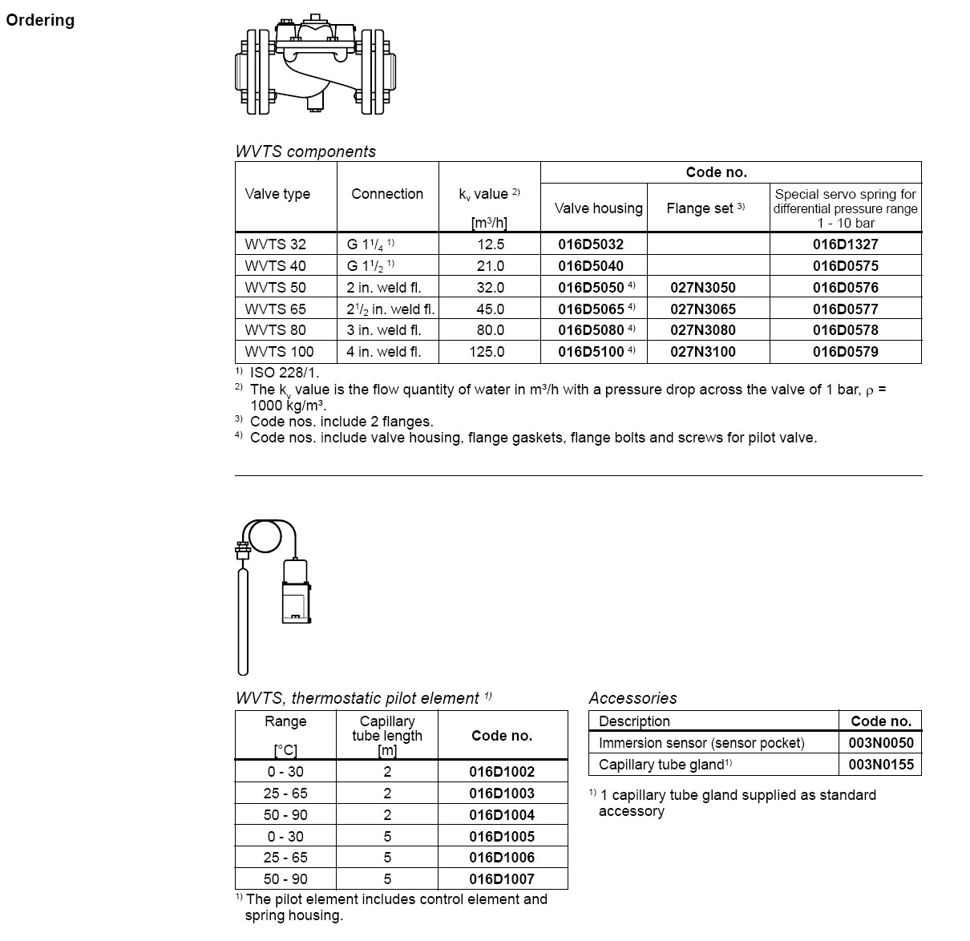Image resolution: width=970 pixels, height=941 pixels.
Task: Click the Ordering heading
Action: pyautogui.click(x=40, y=21)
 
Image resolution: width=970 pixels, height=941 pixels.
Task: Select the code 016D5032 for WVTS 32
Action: pyautogui.click(x=591, y=244)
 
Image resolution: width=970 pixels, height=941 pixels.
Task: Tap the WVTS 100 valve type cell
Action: pyautogui.click(x=279, y=352)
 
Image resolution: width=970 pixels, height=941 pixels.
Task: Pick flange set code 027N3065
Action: pyautogui.click(x=703, y=309)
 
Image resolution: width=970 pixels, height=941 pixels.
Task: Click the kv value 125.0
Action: pyautogui.click(x=490, y=352)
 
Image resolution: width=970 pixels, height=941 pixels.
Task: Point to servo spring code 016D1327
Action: pyautogui.click(x=845, y=244)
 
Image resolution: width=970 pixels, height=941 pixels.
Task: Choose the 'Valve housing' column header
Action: pyautogui.click(x=598, y=208)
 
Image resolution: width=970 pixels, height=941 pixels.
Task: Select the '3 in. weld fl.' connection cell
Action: pyautogui.click(x=384, y=330)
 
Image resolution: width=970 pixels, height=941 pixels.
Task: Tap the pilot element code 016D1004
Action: pyautogui.click(x=502, y=815)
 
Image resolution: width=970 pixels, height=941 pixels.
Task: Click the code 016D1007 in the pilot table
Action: pyautogui.click(x=502, y=879)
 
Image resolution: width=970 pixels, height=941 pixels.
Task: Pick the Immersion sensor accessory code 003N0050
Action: pyautogui.click(x=880, y=743)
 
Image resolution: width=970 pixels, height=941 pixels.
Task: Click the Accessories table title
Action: pyautogui.click(x=633, y=698)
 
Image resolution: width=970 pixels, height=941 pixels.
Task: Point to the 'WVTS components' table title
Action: pyautogui.click(x=305, y=151)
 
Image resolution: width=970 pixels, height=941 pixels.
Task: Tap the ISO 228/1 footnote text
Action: pyautogui.click(x=285, y=373)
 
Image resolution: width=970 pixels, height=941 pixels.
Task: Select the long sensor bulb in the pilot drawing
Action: pyautogui.click(x=243, y=621)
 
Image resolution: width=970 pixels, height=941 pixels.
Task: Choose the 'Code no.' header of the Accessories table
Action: pyautogui.click(x=880, y=721)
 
